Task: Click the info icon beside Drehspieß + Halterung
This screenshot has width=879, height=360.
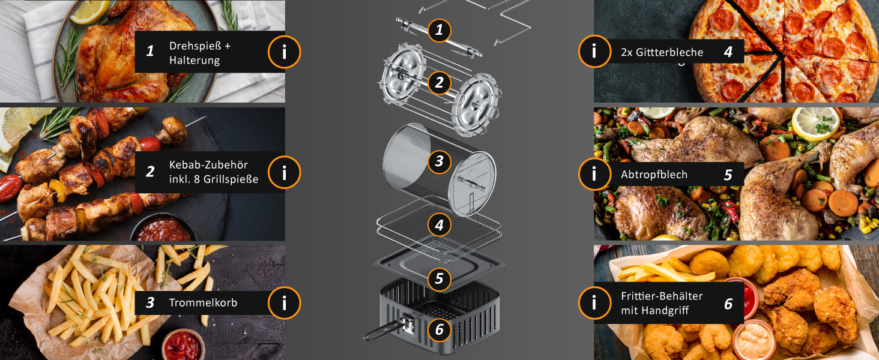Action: click(x=284, y=52)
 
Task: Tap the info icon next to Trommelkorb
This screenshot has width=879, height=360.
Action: click(x=284, y=303)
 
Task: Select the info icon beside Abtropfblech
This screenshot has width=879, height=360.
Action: click(x=594, y=174)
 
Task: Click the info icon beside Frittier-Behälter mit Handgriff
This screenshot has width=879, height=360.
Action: click(x=594, y=303)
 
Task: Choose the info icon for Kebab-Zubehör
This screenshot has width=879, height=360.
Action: click(x=284, y=172)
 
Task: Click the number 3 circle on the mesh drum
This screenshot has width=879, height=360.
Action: click(x=439, y=161)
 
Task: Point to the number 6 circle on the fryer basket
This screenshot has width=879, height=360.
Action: click(x=439, y=329)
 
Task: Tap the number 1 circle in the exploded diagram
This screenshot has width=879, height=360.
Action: click(x=439, y=30)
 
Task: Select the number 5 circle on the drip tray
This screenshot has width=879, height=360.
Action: click(x=439, y=278)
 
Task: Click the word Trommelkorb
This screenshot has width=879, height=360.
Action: click(x=203, y=303)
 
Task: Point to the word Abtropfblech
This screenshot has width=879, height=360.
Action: click(x=654, y=175)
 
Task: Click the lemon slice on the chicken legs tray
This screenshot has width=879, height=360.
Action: click(x=815, y=123)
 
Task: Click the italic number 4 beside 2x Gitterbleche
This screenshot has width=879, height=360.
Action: click(x=728, y=52)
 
